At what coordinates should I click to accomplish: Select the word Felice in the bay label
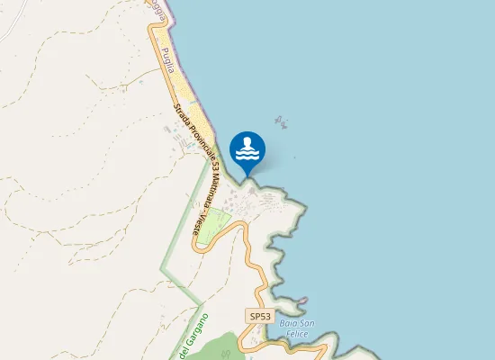point(297,334)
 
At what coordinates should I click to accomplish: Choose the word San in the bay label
point(306,323)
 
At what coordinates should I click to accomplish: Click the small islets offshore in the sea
point(281,123)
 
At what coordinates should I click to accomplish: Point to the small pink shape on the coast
point(303,301)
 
